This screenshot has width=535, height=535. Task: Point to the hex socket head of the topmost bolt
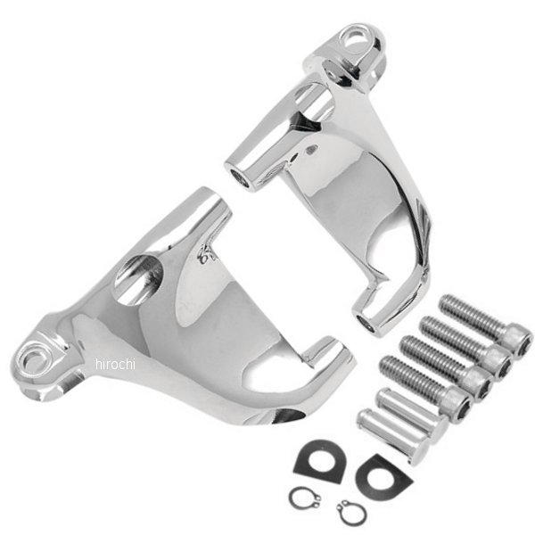[515, 341]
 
